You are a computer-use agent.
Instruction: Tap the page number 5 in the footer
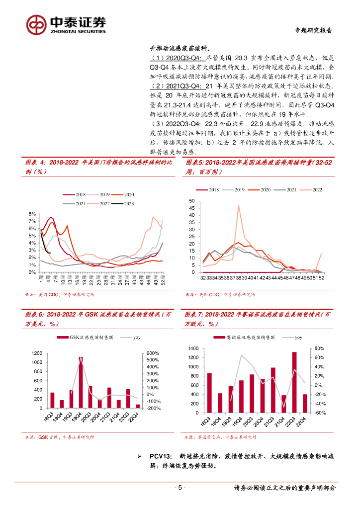tap(180, 488)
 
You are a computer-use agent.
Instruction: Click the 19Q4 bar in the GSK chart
tap(81, 382)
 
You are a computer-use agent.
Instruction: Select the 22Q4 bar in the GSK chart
tap(137, 406)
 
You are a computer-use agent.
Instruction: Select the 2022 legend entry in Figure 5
tap(311, 190)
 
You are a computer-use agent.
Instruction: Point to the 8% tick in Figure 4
tap(31, 213)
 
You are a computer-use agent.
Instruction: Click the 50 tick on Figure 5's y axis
tap(192, 201)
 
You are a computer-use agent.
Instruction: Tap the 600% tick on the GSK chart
tap(152, 353)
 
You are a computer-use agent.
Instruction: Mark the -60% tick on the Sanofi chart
tap(319, 413)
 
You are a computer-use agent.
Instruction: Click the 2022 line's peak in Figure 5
tap(238, 205)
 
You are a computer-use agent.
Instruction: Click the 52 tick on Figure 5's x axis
tap(322, 278)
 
